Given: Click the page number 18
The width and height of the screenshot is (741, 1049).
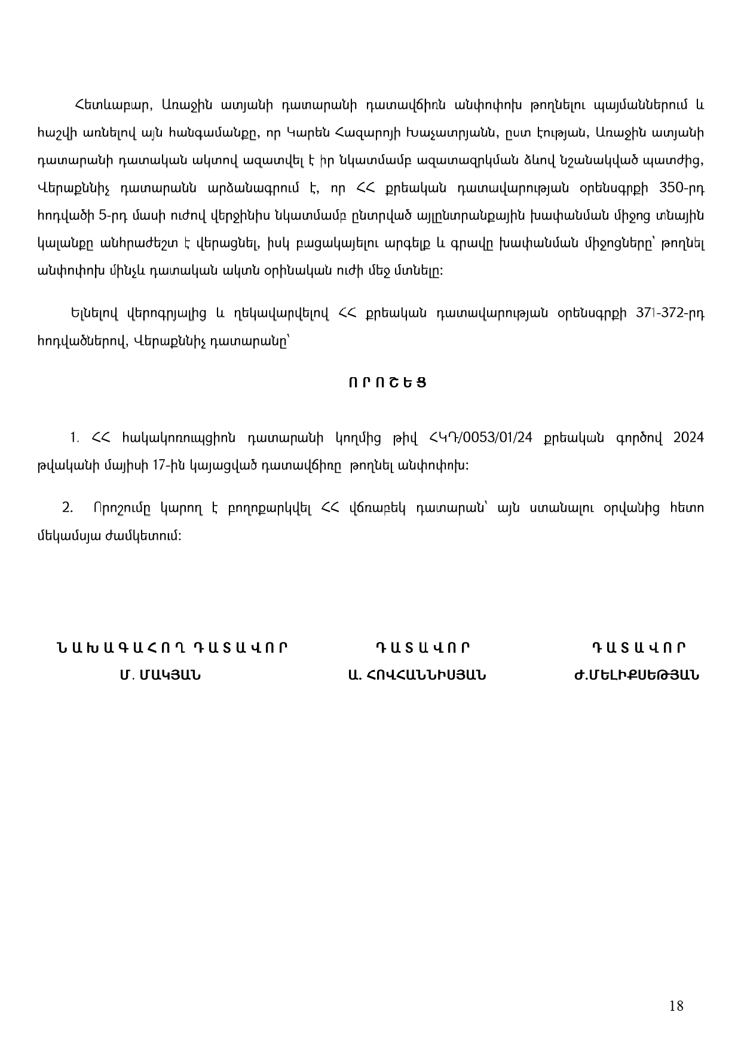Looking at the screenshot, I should pyautogui.click(x=676, y=1006).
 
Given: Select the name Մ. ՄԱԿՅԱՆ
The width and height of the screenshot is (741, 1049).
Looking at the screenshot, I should pyautogui.click(x=160, y=675).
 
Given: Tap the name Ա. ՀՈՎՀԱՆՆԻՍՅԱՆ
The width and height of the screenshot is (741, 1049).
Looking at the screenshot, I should pyautogui.click(x=417, y=675).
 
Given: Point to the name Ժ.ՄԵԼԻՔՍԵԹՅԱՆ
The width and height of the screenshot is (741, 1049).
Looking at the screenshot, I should pyautogui.click(x=636, y=675).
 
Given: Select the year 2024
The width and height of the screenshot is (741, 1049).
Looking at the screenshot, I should pyautogui.click(x=688, y=438).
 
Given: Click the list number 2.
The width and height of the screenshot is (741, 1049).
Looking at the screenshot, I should pyautogui.click(x=68, y=508).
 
